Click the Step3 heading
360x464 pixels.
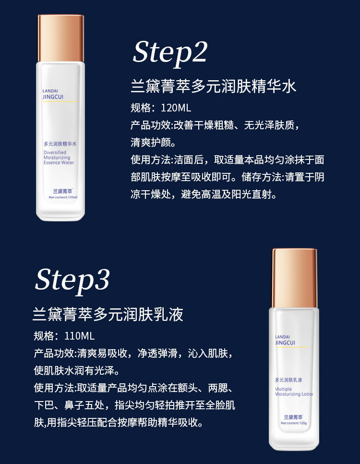pyautogui.click(x=72, y=281)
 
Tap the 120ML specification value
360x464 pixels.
pyautogui.click(x=176, y=108)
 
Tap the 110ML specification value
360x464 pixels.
pyautogui.click(x=79, y=336)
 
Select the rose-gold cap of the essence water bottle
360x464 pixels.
pyautogui.click(x=60, y=38)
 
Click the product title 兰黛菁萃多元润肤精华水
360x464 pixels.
pyautogui.click(x=213, y=86)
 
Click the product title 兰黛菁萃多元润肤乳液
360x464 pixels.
pyautogui.click(x=108, y=314)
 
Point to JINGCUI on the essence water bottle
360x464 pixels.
pyautogui.click(x=53, y=97)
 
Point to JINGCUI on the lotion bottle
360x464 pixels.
pyautogui.click(x=285, y=342)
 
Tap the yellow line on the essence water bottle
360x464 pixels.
pyautogui.click(x=60, y=101)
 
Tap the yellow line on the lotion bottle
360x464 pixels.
pyautogui.click(x=292, y=347)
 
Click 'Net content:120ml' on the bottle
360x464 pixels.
pyautogui.click(x=63, y=197)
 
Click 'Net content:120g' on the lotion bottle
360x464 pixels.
pyautogui.click(x=294, y=423)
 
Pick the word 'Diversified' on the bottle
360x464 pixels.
pyautogui.click(x=55, y=152)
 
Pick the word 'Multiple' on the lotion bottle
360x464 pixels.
pyautogui.click(x=283, y=389)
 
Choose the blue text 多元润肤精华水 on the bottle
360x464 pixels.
pyautogui.click(x=60, y=144)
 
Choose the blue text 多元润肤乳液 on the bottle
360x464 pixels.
pyautogui.click(x=288, y=380)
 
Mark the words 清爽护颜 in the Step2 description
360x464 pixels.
pyautogui.click(x=151, y=143)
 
